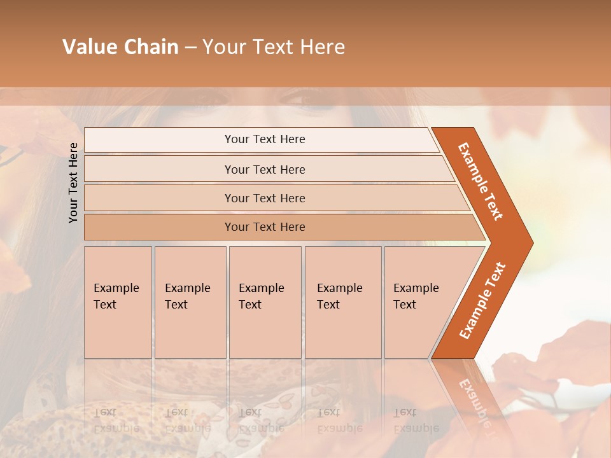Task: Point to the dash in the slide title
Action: point(190,48)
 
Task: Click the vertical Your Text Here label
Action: point(73,183)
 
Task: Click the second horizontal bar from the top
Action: point(264,169)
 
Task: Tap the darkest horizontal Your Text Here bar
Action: point(264,227)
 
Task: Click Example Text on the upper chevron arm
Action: point(481,181)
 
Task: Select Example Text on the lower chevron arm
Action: point(482,301)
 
